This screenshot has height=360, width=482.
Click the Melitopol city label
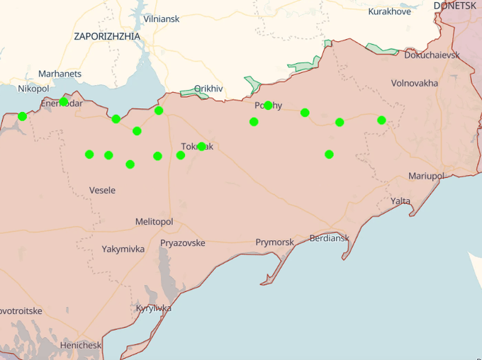pos(154,222)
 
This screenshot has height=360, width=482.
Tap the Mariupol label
pos(425,176)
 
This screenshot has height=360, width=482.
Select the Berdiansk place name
pos(329,238)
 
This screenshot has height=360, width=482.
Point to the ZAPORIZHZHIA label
pos(107,36)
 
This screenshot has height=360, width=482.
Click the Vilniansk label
pos(161,18)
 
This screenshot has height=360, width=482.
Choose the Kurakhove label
pos(389,11)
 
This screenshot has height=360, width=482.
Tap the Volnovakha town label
pos(415,83)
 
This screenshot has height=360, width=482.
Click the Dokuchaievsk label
pos(432,55)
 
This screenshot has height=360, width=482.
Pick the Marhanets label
pos(60,74)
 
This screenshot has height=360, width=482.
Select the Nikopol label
pos(33,89)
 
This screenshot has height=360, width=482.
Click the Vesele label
pos(102,190)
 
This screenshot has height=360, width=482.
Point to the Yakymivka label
pos(123,249)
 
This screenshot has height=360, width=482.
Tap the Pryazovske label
pos(182,243)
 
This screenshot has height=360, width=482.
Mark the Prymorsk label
pos(274,242)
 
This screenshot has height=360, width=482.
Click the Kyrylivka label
pos(153,308)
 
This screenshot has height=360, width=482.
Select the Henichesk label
pos(80,345)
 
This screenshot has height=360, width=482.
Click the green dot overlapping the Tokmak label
pos(201,147)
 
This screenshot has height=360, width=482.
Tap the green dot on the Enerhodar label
pos(64,102)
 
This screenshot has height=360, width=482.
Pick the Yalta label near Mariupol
pos(400,201)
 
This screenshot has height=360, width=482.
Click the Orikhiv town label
pos(208,89)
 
